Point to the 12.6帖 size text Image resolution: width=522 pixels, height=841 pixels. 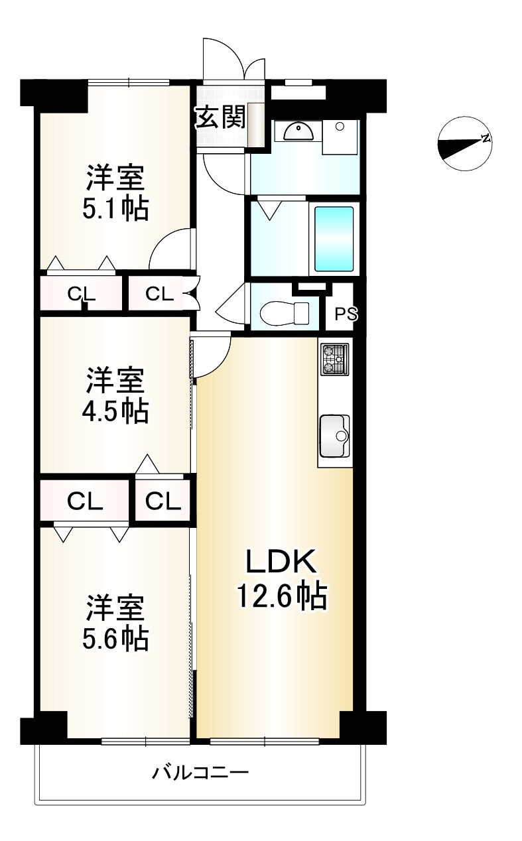283,596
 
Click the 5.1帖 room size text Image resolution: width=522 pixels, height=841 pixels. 115,209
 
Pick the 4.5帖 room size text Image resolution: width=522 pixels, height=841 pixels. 115,412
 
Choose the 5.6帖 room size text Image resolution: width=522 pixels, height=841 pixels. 115,638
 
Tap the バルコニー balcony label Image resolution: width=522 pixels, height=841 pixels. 200,773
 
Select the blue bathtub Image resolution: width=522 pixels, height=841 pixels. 334,238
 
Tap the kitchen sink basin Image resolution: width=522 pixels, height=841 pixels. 335,436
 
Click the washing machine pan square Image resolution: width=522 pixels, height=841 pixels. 340,136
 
